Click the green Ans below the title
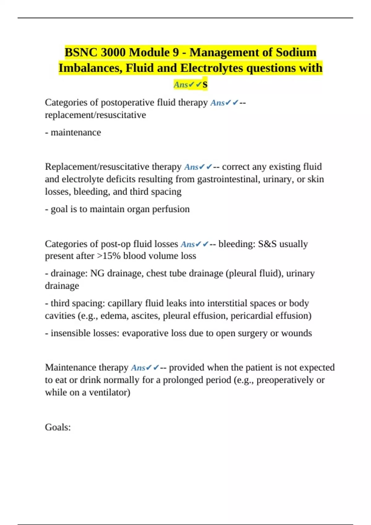click(x=181, y=84)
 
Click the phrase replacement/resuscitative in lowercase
click(x=95, y=115)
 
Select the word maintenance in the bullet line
click(x=76, y=132)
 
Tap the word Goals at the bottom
click(x=58, y=427)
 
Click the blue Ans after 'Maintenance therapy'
click(x=138, y=367)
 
